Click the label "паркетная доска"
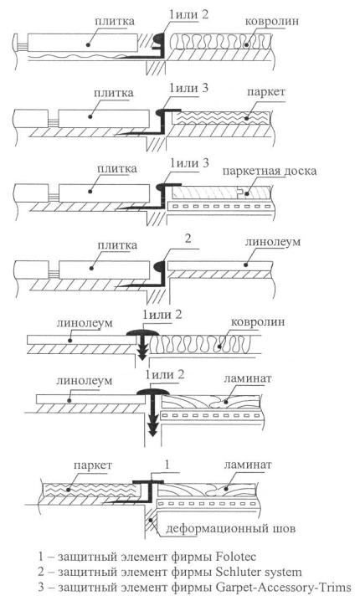[270, 171]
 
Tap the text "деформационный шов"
[231, 529]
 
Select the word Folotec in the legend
[236, 556]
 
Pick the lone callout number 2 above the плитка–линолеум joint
[188, 239]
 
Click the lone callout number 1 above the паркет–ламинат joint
[167, 465]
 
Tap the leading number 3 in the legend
[41, 588]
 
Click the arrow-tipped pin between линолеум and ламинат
[152, 417]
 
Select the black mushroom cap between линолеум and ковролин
[141, 332]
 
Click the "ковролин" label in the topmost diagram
[272, 21]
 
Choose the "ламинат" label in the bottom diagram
[248, 465]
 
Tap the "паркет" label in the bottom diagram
[92, 465]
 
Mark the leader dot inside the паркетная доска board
[247, 194]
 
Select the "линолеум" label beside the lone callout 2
[273, 242]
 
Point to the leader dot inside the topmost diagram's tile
[88, 45]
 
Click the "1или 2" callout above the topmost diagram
[188, 14]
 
